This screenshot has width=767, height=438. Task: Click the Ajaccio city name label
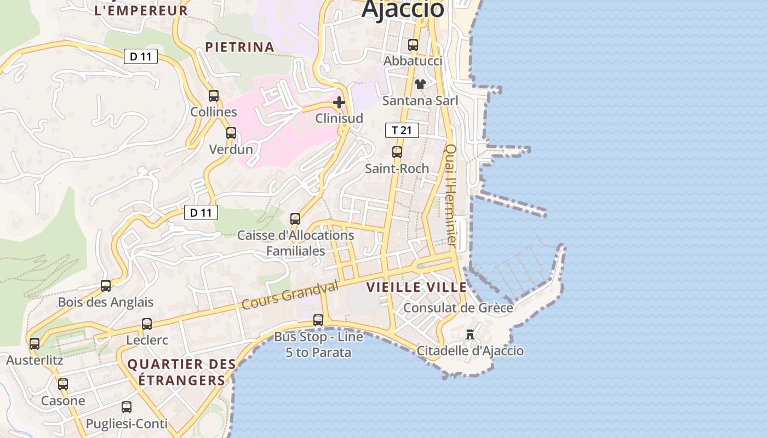(403, 9)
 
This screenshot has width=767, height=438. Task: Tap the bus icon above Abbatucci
(413, 45)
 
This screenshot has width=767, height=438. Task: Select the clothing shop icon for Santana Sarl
(420, 84)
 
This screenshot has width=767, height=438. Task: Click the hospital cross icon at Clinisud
(339, 102)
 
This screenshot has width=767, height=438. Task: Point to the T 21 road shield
(402, 130)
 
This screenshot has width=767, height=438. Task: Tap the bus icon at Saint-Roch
(397, 152)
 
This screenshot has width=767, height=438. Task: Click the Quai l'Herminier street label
(450, 194)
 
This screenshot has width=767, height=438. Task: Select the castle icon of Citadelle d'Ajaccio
(470, 335)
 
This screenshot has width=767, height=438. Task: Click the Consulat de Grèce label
(458, 308)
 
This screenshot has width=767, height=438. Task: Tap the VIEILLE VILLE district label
(416, 287)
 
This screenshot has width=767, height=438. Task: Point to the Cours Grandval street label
(290, 295)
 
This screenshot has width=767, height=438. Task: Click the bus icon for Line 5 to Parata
(318, 320)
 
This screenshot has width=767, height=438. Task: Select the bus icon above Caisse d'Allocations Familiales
(295, 219)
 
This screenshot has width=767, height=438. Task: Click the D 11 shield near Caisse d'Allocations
(201, 212)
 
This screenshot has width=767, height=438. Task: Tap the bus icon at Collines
(214, 96)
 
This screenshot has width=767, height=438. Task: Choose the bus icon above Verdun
(231, 133)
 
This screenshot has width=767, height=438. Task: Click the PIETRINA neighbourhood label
(239, 47)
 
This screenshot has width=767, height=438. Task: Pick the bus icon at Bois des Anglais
(106, 286)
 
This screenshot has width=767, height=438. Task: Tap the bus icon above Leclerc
(147, 324)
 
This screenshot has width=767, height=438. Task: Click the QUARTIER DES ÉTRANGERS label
(181, 372)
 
